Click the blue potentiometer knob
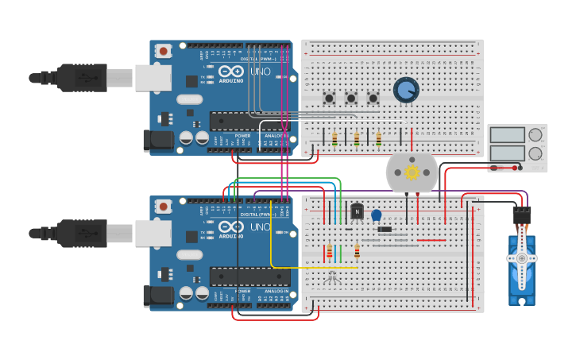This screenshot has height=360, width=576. [x=406, y=90]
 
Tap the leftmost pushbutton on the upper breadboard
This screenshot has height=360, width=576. [x=329, y=99]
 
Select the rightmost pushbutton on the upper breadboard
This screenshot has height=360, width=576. [x=373, y=99]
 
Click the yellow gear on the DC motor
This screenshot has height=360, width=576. [x=412, y=172]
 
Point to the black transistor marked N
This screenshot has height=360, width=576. [x=358, y=211]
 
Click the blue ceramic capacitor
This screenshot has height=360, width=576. [x=377, y=215]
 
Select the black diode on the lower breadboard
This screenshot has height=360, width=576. [x=385, y=230]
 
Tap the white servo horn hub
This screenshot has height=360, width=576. [x=521, y=258]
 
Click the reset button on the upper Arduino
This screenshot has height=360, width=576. [x=164, y=51]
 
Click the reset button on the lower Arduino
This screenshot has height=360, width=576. [x=164, y=206]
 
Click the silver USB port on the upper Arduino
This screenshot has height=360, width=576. [x=153, y=78]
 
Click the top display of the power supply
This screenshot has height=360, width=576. [x=507, y=135]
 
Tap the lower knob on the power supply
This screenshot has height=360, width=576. [x=535, y=153]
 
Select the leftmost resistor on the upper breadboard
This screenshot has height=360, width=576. [x=334, y=139]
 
